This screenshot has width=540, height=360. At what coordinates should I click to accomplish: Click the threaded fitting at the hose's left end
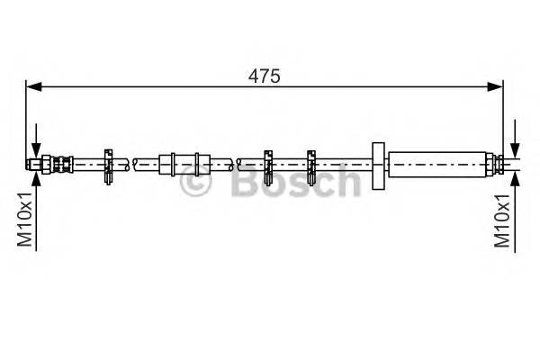pyautogui.click(x=45, y=164)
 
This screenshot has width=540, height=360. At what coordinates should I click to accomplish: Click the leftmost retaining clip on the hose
pyautogui.click(x=108, y=164)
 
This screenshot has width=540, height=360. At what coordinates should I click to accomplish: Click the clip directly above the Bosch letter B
pyautogui.click(x=267, y=164)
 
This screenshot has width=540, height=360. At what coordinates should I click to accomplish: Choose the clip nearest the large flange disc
pyautogui.click(x=311, y=164)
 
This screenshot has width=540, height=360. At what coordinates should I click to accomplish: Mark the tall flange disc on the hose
pyautogui.click(x=377, y=165)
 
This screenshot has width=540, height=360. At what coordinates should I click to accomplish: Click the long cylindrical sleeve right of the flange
pyautogui.click(x=438, y=164)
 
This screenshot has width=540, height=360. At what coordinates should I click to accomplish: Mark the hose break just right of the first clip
pyautogui.click(x=133, y=164)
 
